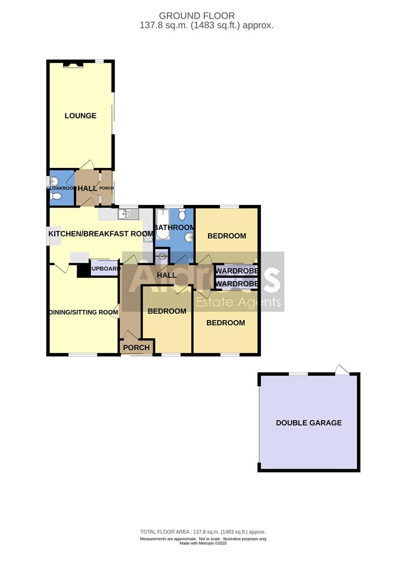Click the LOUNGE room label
80,116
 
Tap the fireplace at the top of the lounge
72,65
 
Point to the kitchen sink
128,214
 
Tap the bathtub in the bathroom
162,224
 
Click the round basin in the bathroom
188,238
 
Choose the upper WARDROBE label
237,271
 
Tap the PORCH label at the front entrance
137,347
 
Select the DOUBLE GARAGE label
309,423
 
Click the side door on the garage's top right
341,370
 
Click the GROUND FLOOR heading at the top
196,16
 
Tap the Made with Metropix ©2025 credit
203,543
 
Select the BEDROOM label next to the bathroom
226,236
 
